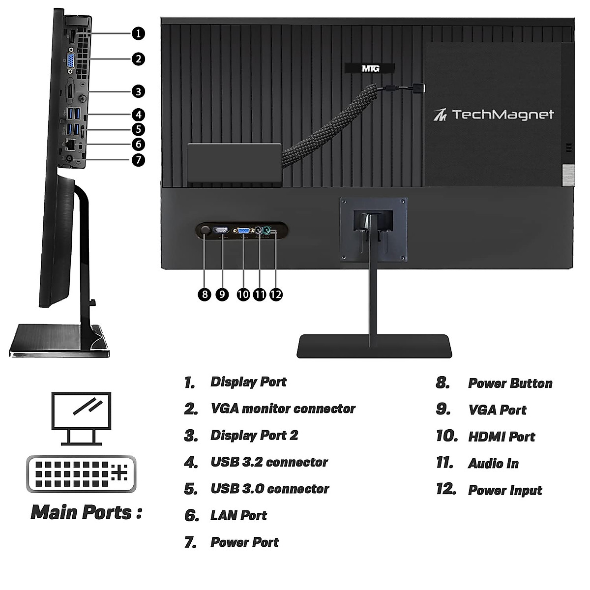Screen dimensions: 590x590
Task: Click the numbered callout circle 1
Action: click(x=138, y=33)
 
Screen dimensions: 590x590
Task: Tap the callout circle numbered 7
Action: click(x=138, y=160)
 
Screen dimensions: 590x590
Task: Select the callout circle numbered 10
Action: click(x=243, y=295)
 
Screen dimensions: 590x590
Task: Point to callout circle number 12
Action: click(x=276, y=295)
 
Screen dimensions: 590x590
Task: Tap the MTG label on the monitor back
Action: click(x=370, y=69)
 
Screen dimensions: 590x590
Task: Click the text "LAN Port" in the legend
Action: click(x=238, y=515)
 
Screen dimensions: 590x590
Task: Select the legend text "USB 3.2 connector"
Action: click(x=269, y=462)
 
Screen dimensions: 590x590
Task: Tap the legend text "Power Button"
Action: click(x=510, y=383)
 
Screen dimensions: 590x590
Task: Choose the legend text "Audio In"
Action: click(x=493, y=464)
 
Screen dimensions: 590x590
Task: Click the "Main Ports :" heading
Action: click(x=87, y=512)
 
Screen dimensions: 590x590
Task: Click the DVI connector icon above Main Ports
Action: click(x=81, y=473)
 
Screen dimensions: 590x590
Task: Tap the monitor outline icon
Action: click(x=81, y=418)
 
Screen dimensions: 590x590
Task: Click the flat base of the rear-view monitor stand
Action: click(x=374, y=346)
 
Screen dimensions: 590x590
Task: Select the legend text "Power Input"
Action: click(x=505, y=490)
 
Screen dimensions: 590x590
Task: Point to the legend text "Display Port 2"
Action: click(x=254, y=436)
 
